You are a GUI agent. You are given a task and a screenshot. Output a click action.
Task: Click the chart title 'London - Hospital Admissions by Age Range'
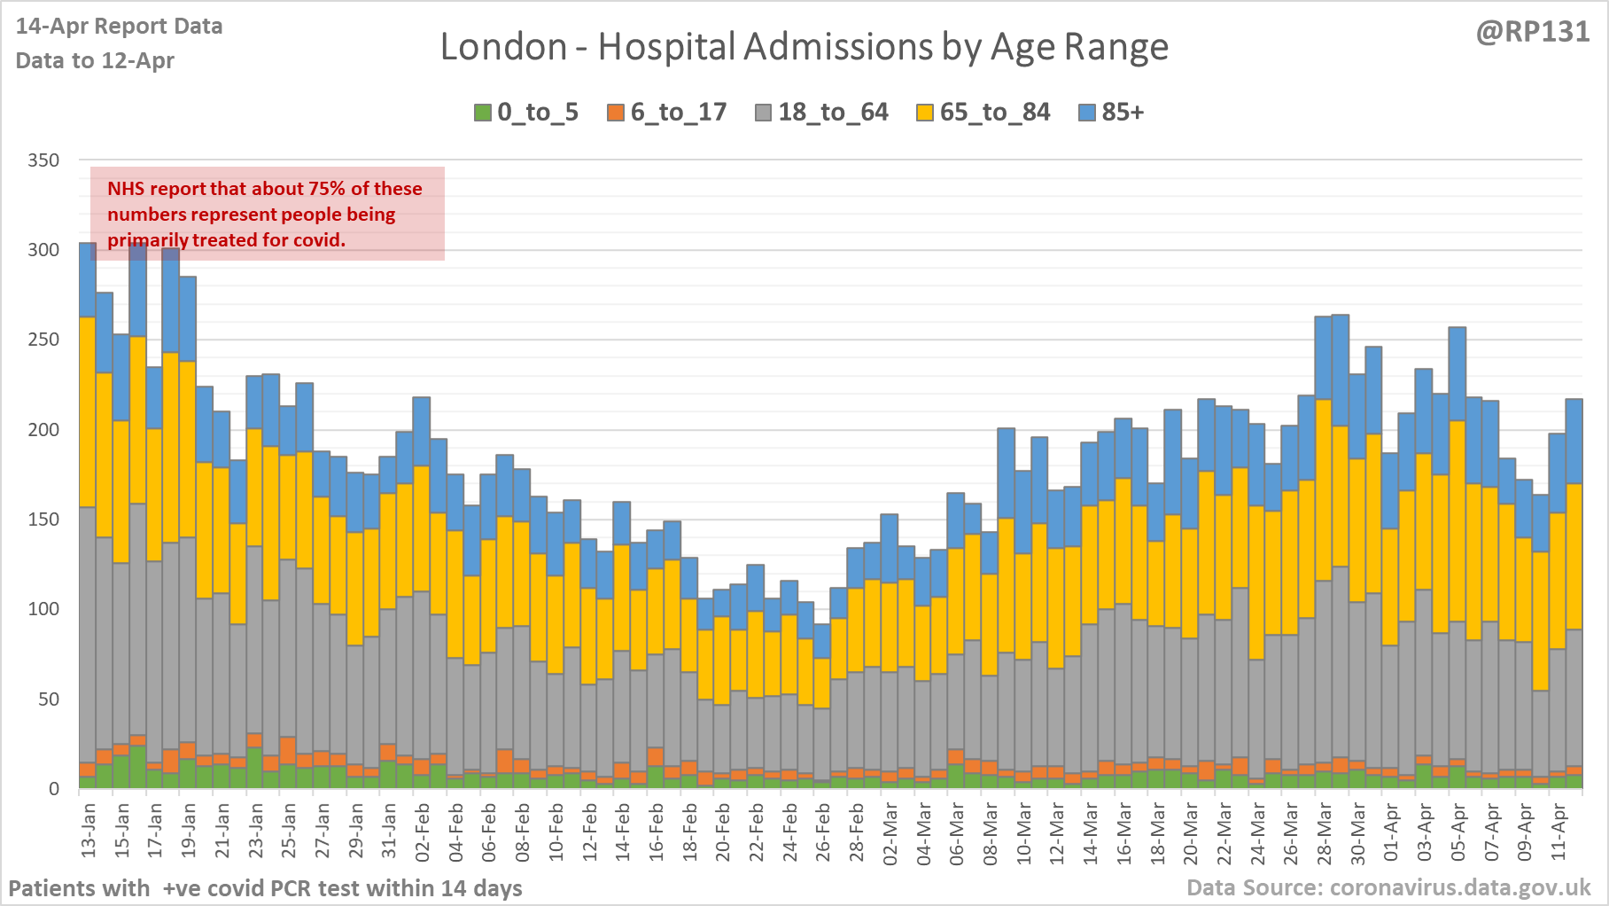point(804,47)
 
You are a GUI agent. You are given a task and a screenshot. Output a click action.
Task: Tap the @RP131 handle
point(1533,32)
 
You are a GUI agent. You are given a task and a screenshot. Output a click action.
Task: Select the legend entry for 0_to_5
point(526,113)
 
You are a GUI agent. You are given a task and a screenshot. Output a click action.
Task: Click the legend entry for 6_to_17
point(667,113)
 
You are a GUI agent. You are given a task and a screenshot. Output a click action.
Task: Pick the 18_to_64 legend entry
point(821,113)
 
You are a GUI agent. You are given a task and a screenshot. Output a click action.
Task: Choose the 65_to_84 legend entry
point(983,113)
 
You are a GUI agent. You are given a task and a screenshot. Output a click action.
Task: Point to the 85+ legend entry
point(1112,113)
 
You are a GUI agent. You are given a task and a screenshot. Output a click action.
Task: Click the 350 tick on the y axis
point(43,160)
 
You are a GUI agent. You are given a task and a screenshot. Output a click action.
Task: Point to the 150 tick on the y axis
point(43,519)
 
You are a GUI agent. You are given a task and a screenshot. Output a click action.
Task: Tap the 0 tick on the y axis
point(54,788)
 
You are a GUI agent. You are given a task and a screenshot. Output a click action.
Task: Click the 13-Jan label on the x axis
point(89,831)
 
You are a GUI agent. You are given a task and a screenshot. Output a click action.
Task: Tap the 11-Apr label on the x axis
point(1558,831)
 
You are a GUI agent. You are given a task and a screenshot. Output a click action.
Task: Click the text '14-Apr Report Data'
point(120,27)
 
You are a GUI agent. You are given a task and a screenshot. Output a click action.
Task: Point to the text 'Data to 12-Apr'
point(95,61)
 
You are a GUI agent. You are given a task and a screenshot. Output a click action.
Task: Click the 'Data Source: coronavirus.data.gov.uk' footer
point(1388,887)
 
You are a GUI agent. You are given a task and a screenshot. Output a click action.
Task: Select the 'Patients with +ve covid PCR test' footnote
point(265,888)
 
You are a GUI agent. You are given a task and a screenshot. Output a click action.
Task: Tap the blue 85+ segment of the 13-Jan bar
point(88,279)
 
